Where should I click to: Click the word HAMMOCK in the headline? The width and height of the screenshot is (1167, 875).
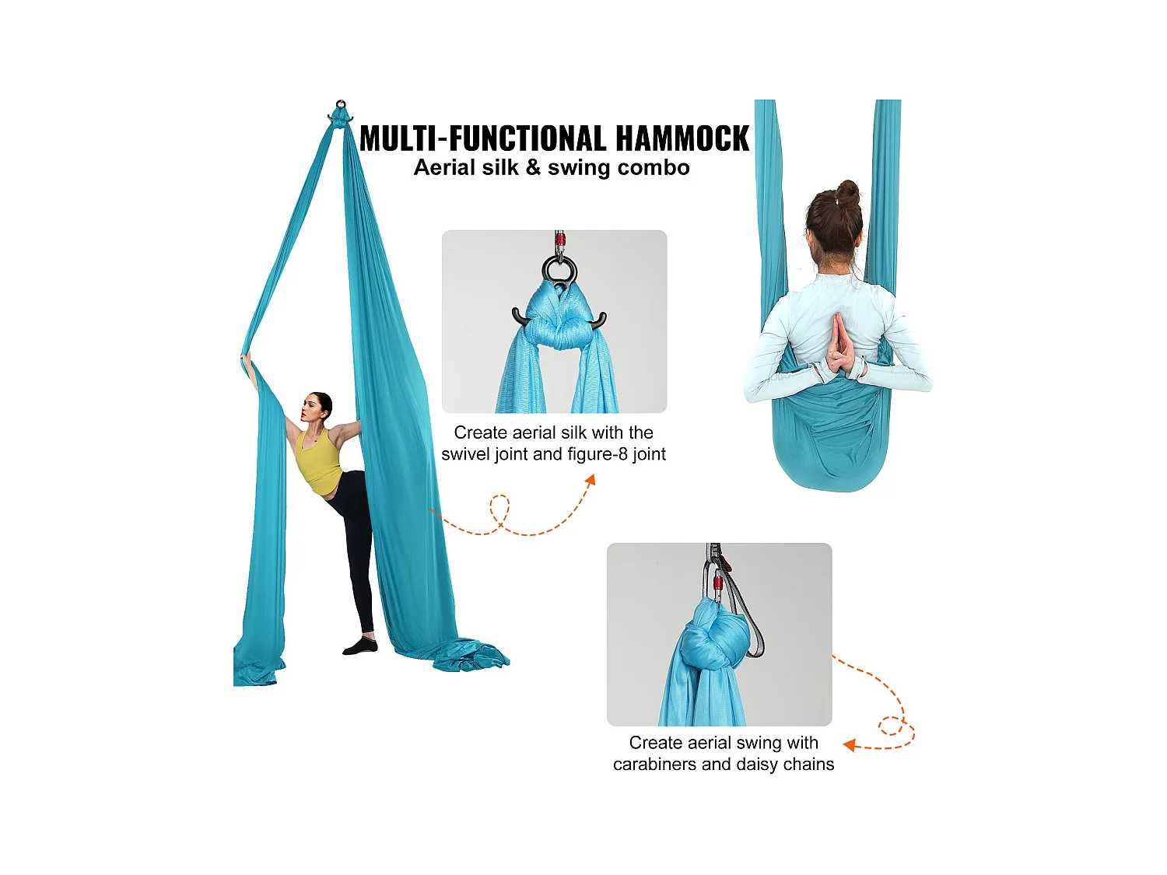click(x=682, y=139)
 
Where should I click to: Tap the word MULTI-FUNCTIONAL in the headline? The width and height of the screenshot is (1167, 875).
click(x=483, y=139)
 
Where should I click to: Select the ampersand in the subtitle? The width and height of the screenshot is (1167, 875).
click(x=533, y=168)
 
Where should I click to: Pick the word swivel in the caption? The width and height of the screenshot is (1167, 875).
click(x=466, y=454)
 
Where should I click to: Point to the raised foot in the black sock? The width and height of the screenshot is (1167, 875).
click(x=359, y=646)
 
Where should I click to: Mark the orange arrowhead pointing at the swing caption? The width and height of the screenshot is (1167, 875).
click(x=850, y=745)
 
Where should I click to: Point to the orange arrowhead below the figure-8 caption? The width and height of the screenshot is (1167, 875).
click(x=591, y=480)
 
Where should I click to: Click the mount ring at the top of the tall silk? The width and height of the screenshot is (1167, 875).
click(x=340, y=104)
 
